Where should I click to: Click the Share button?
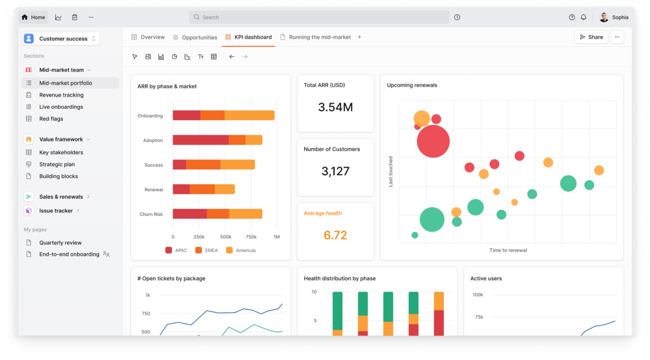[x=591, y=37]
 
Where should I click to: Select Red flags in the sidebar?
[x=51, y=119]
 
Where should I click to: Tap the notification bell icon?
[x=583, y=17]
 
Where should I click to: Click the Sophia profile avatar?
[x=604, y=17]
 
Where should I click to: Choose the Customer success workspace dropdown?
[x=61, y=39]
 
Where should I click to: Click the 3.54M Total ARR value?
[x=335, y=107]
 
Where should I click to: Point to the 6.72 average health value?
[x=335, y=235]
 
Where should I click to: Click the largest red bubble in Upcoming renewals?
[x=433, y=141]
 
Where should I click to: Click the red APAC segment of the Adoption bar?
[x=201, y=140]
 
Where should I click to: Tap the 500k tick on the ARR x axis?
[x=225, y=237]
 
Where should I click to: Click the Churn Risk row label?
[x=151, y=214]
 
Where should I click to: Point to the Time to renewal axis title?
[x=508, y=250]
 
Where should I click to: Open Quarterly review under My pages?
[x=60, y=243]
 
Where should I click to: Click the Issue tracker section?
[x=56, y=211]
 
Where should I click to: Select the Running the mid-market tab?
[x=319, y=37]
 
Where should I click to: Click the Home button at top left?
[x=34, y=17]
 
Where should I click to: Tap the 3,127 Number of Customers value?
[x=335, y=171]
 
